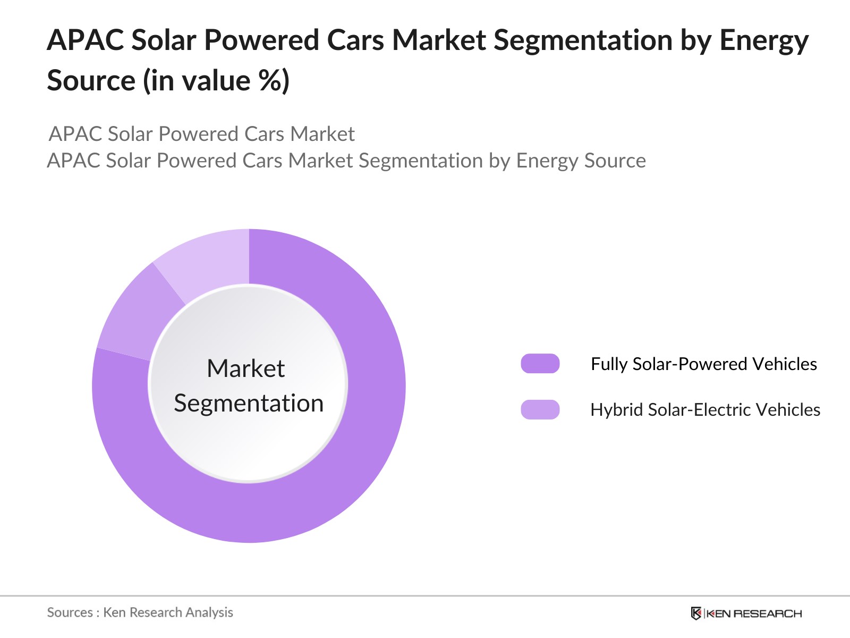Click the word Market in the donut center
(246, 368)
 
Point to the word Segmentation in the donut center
(249, 403)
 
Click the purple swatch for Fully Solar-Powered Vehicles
(540, 364)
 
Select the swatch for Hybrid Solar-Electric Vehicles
(540, 410)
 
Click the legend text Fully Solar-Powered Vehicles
(703, 364)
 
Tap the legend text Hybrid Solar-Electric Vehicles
(705, 410)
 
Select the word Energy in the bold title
(763, 41)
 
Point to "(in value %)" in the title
(216, 81)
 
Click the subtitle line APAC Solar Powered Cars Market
(202, 134)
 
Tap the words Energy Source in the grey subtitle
(581, 161)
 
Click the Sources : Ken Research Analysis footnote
(140, 612)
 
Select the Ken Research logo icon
(695, 614)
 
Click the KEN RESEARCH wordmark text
(753, 614)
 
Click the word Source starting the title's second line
(91, 81)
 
